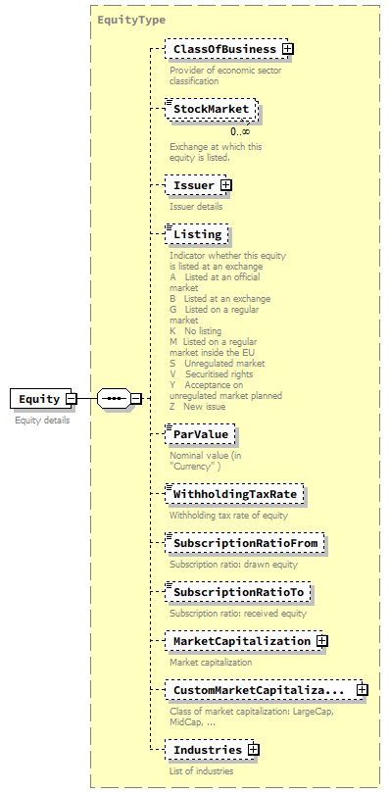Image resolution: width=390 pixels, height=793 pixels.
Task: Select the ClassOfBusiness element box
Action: tap(223, 49)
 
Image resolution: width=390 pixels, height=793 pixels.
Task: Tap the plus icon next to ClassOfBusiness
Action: tap(288, 49)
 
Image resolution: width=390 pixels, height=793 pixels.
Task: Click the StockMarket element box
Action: tap(212, 109)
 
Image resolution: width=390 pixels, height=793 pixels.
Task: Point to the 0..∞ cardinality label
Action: tap(240, 131)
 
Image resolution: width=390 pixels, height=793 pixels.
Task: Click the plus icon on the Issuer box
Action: tap(226, 184)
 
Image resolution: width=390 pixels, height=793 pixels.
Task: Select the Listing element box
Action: tap(198, 235)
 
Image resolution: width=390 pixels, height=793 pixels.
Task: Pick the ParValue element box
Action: tap(202, 434)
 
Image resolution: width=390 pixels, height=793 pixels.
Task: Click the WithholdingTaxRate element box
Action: tap(235, 495)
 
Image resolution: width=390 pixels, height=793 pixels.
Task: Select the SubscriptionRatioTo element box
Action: tap(239, 593)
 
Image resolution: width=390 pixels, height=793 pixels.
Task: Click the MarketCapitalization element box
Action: tap(241, 641)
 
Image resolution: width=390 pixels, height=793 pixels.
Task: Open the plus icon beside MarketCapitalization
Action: tap(321, 641)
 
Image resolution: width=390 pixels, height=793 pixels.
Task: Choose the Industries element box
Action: tap(207, 750)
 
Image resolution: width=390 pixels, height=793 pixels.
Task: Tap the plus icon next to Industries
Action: tap(254, 750)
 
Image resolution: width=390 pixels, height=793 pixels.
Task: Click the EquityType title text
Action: tap(131, 20)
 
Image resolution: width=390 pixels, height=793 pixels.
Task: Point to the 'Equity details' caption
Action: tap(42, 420)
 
